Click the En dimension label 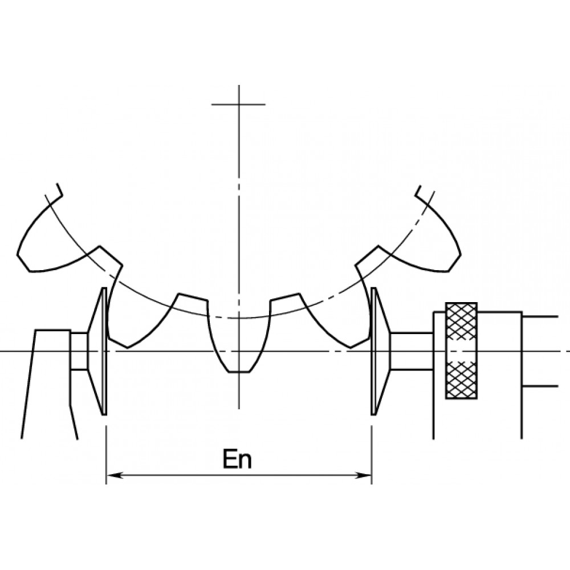(x=237, y=459)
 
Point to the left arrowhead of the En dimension (x=114, y=475)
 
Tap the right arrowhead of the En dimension (x=363, y=475)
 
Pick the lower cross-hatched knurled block (x=461, y=380)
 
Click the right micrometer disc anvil (x=379, y=351)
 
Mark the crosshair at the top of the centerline (x=238, y=104)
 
